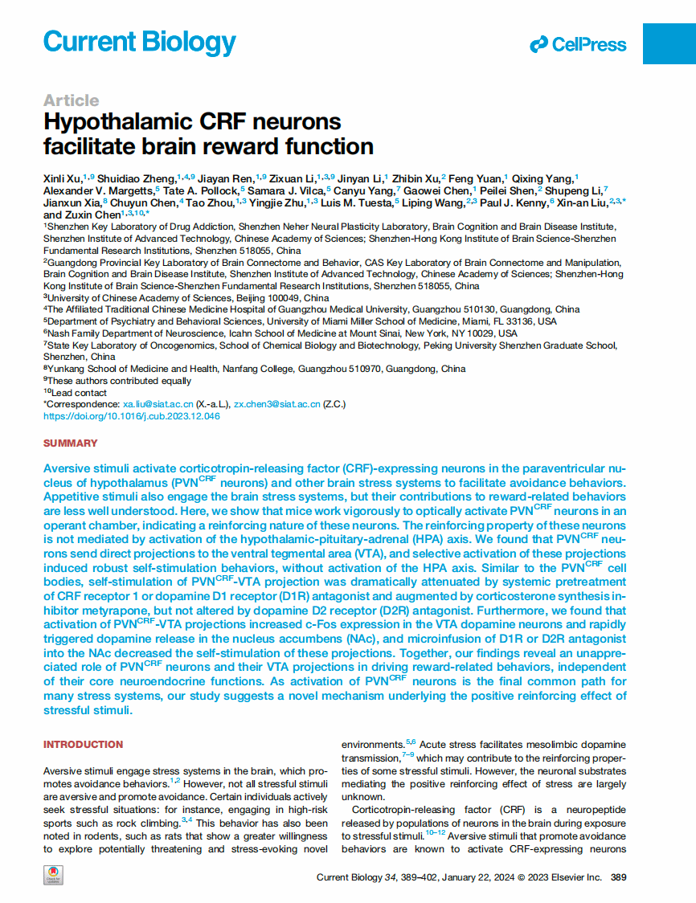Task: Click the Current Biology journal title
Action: [x=139, y=42]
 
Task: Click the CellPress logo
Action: [x=578, y=45]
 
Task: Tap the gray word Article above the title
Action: [x=72, y=100]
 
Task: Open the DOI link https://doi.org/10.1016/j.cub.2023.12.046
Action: [x=131, y=416]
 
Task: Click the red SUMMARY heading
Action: [x=70, y=443]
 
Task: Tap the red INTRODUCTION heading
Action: [x=83, y=745]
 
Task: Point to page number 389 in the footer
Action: [x=619, y=877]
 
